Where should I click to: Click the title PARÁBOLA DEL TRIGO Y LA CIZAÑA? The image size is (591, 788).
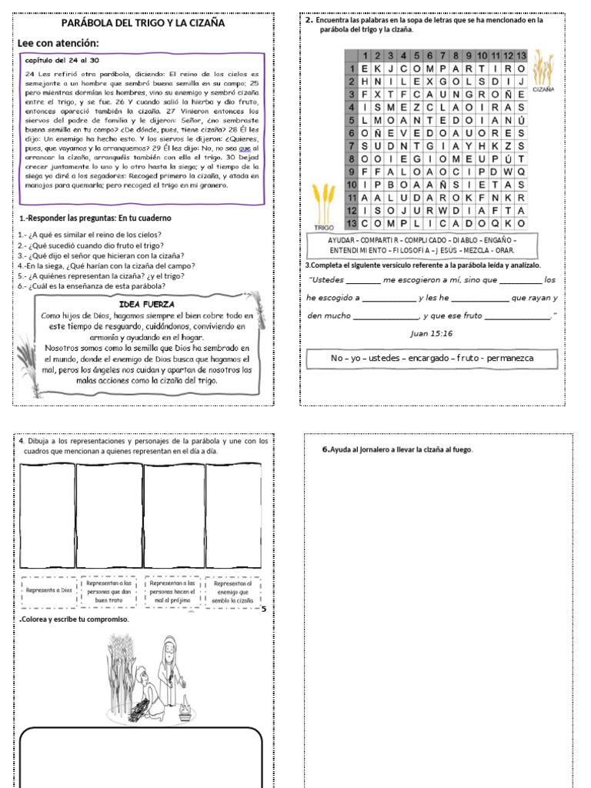click(142, 23)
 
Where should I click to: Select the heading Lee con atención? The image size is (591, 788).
click(58, 43)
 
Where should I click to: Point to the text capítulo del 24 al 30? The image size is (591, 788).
click(62, 59)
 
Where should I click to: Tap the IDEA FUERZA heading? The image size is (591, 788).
click(147, 304)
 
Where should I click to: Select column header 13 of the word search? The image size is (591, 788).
click(521, 55)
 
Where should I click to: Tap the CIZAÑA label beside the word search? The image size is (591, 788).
click(543, 89)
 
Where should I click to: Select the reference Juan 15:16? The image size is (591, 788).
click(432, 333)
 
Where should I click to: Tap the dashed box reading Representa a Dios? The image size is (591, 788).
click(48, 590)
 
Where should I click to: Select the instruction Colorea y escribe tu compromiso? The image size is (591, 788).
click(74, 619)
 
